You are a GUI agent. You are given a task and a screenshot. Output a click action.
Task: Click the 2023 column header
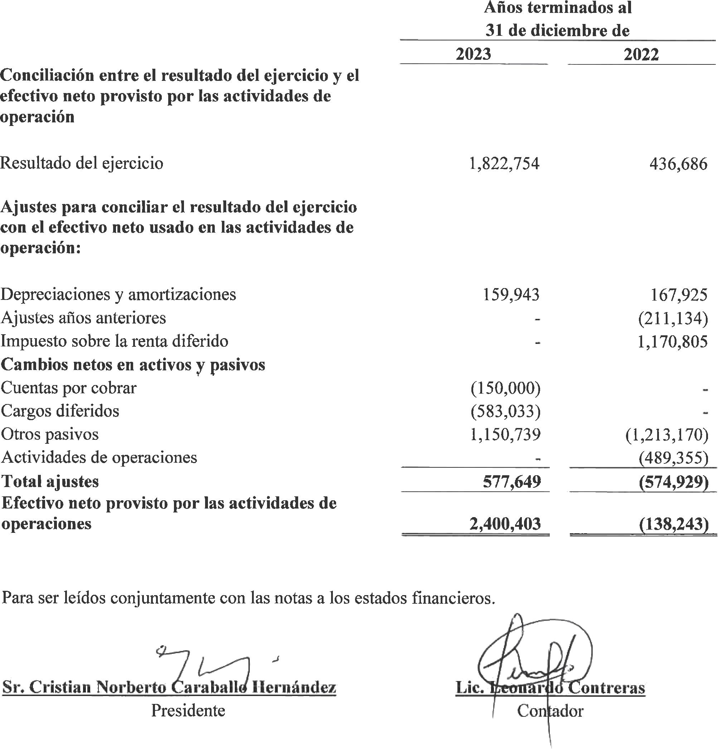(474, 54)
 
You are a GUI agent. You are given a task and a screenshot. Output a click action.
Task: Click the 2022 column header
(641, 55)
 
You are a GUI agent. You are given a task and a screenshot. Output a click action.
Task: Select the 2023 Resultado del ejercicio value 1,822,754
(504, 164)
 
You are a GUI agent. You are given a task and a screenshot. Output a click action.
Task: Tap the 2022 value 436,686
(678, 164)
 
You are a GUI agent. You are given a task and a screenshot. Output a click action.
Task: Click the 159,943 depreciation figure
(511, 295)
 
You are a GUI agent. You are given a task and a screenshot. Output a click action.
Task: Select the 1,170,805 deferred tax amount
(672, 341)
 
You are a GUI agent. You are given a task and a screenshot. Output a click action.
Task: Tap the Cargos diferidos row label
(60, 411)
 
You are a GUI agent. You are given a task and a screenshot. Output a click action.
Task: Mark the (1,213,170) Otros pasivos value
(667, 434)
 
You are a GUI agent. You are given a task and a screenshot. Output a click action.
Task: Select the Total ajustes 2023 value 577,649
(512, 482)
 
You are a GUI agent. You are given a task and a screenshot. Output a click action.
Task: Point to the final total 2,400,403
(505, 524)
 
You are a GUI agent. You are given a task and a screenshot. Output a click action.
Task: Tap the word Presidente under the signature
(188, 711)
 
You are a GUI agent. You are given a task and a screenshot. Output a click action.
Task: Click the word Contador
(550, 711)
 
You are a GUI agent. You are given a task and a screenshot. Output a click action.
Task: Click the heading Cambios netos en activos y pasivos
(133, 365)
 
